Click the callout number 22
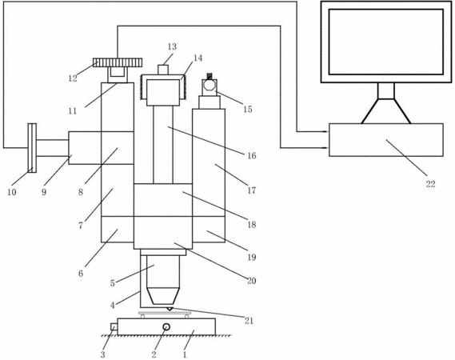point(430,184)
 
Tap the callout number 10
point(12,192)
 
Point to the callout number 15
point(248,110)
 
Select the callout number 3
point(102,354)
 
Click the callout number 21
point(249,321)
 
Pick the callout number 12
point(73,78)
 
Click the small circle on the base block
point(166,327)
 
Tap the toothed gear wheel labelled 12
point(118,62)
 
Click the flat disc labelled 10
point(32,148)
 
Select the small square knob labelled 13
point(163,70)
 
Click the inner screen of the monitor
point(386,42)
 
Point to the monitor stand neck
point(386,91)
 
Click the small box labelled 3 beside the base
point(114,327)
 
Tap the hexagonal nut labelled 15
point(210,86)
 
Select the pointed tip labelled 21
point(170,309)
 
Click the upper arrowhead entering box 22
point(326,131)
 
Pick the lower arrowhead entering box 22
point(326,148)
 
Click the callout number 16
point(252,156)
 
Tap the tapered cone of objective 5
point(163,296)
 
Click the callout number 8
point(81,192)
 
